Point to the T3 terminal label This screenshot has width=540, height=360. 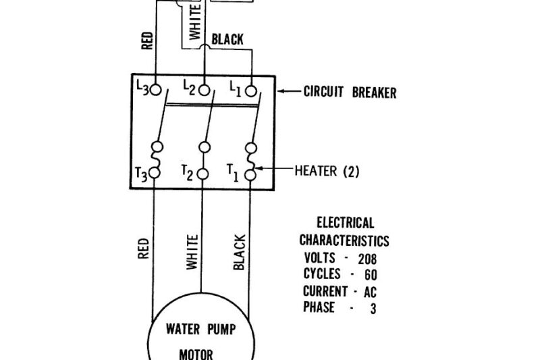click(141, 173)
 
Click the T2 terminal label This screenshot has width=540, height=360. click(187, 173)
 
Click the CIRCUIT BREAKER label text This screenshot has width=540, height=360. click(350, 93)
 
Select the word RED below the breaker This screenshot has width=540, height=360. click(143, 248)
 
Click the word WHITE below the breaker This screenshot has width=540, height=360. click(192, 253)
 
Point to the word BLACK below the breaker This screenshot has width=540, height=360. click(239, 252)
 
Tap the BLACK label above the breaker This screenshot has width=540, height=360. click(227, 40)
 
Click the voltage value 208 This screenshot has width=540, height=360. click(367, 258)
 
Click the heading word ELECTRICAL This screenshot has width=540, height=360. click(345, 223)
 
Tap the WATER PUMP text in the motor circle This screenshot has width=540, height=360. click(200, 331)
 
